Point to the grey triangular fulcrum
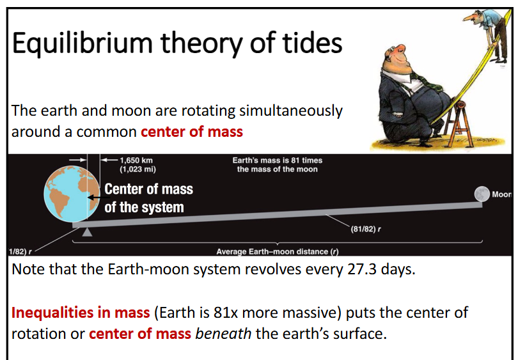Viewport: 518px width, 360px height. click(88, 233)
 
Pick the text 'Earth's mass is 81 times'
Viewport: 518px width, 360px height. click(277, 160)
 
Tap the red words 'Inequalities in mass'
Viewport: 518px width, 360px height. click(80, 313)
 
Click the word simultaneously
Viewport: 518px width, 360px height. click(290, 111)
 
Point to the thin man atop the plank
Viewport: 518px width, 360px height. click(489, 19)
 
